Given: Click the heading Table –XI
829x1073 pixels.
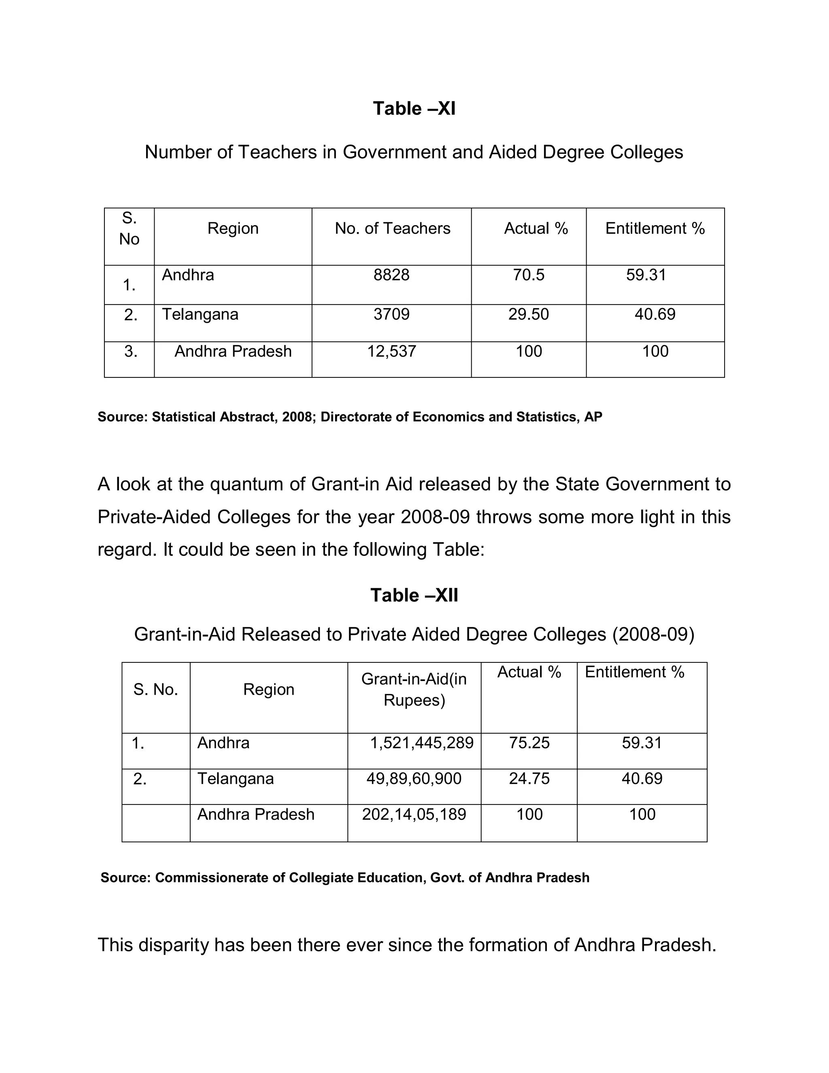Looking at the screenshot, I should click(x=414, y=109).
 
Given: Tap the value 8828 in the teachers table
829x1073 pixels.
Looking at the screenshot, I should click(x=391, y=275).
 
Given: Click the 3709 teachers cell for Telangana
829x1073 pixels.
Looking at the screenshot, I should click(x=391, y=314).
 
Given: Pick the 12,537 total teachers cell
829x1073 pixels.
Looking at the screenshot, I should click(x=391, y=351).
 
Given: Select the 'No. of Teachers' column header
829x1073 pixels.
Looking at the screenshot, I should click(x=392, y=228).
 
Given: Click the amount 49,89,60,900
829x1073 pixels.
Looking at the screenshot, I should click(x=414, y=778).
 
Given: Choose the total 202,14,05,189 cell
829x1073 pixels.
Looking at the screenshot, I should click(x=414, y=814).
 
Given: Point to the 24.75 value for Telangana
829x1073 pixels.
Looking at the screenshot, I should click(x=529, y=778).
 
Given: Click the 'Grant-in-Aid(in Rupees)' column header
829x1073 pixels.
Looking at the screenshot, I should click(x=414, y=689).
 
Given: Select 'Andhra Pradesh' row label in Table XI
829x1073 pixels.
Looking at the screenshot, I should click(x=233, y=351).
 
